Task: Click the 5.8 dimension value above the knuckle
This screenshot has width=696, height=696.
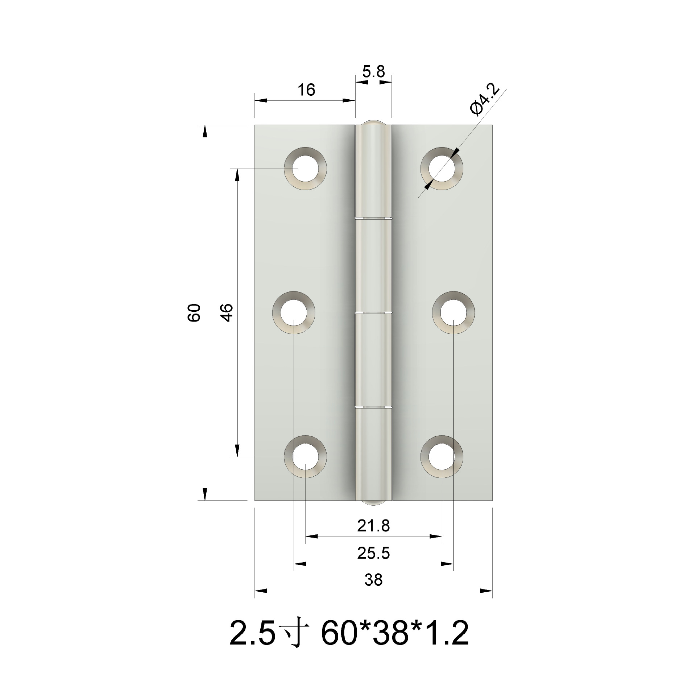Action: click(373, 71)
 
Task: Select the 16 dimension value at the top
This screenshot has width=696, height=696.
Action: click(307, 90)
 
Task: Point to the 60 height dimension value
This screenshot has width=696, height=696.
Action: click(194, 312)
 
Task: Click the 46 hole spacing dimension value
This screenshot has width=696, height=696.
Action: click(227, 312)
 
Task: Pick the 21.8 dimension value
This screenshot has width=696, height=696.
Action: click(373, 526)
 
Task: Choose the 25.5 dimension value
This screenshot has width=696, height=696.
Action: click(373, 554)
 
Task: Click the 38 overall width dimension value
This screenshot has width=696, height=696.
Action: click(373, 580)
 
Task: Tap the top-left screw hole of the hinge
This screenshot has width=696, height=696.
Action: click(305, 169)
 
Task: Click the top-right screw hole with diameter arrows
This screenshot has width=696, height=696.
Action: click(442, 169)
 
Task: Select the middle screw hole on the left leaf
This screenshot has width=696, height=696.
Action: click(294, 312)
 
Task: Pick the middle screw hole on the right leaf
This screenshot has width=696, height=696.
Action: click(453, 312)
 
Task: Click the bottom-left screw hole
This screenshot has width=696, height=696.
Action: click(305, 457)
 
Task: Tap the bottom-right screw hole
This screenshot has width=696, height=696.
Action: click(442, 457)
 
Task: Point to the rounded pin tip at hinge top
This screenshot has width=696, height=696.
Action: click(373, 122)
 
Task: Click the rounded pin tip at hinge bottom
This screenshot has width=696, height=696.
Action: click(373, 502)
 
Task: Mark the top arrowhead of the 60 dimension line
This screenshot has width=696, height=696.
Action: click(205, 130)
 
